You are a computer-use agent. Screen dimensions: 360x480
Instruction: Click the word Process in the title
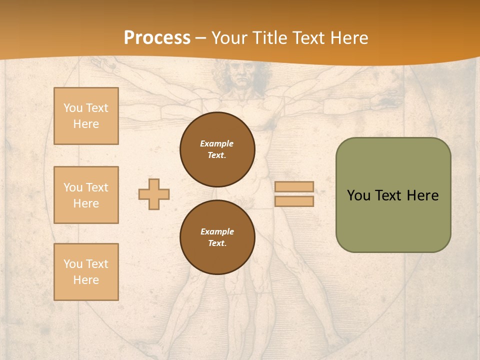coord(157,38)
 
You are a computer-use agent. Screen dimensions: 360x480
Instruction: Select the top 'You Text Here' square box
coord(86,116)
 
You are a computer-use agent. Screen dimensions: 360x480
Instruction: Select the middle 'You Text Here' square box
coord(86,195)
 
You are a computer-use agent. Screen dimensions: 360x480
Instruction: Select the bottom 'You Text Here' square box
coord(86,272)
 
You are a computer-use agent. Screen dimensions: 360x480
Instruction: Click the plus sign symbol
coord(154,194)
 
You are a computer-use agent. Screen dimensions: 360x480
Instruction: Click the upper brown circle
coord(217,149)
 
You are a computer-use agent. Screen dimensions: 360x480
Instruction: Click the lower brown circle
coord(217,237)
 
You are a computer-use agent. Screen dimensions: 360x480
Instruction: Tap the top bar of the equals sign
coord(294,187)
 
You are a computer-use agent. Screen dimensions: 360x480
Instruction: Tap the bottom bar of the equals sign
coord(294,201)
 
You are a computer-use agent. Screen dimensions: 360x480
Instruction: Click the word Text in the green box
coord(388,195)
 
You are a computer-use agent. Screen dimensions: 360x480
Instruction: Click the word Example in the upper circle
coord(217,143)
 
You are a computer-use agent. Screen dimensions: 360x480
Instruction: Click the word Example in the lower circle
coord(217,231)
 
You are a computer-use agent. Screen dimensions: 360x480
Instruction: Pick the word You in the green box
coord(358,195)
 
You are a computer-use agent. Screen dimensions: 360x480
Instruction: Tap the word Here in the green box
coord(422,195)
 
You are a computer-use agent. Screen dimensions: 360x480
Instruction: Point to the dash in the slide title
coord(201,38)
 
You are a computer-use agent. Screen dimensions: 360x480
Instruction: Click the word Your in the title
coord(229,38)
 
